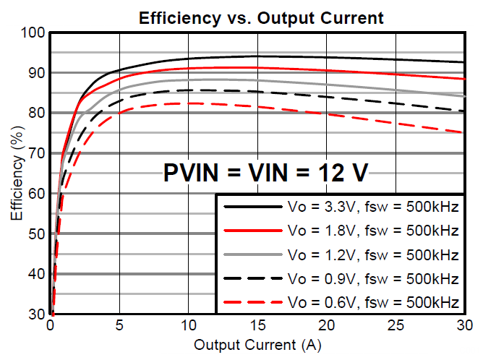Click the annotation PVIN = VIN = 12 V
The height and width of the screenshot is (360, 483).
pyautogui.click(x=265, y=173)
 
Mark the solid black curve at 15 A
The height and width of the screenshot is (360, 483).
pyautogui.click(x=257, y=56)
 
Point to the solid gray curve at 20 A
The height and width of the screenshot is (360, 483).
pyautogui.click(x=326, y=84)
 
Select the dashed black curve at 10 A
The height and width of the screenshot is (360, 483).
pyautogui.click(x=188, y=90)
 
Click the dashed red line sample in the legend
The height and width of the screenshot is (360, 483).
pyautogui.click(x=251, y=301)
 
